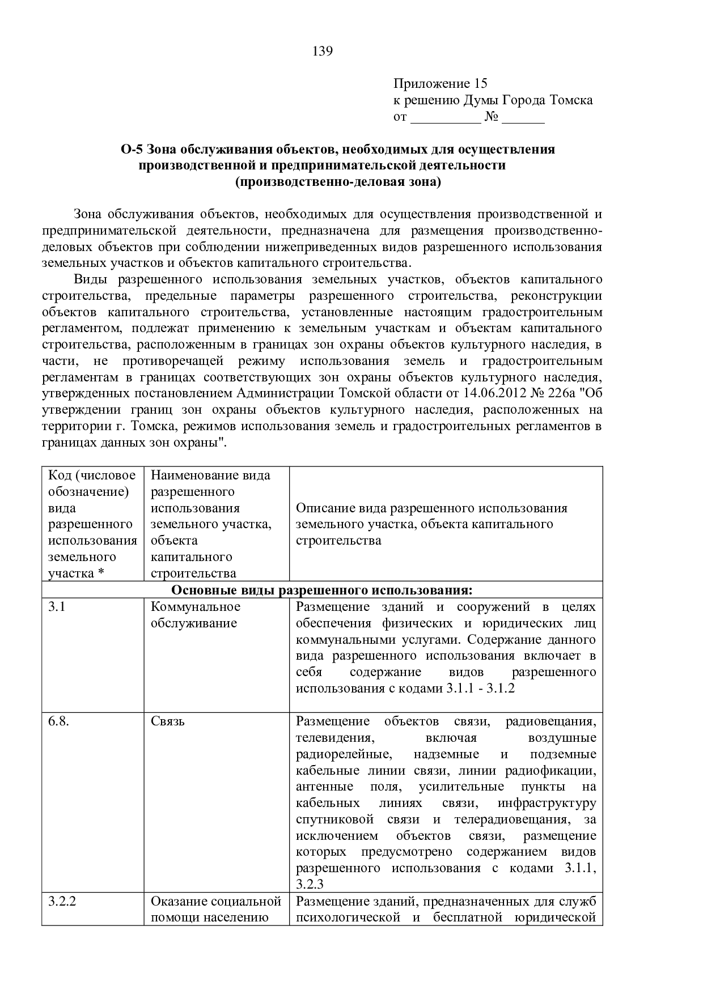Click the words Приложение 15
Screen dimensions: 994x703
tap(440, 84)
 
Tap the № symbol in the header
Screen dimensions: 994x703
tap(492, 117)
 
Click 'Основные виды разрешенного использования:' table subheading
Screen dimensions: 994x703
tap(321, 591)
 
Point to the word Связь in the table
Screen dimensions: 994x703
tap(168, 721)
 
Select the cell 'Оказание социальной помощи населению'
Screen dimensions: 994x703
tap(216, 909)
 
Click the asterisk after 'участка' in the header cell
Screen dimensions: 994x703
tap(101, 573)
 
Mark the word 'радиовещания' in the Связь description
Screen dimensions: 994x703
tap(550, 721)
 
